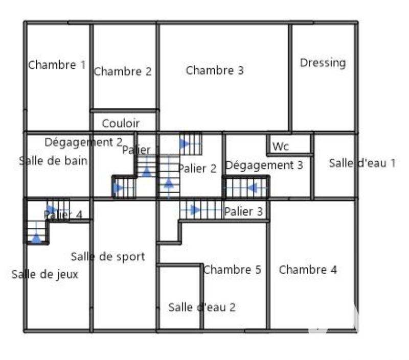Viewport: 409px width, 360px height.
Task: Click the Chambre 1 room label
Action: coord(57,65)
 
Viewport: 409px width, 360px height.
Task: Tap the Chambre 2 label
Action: coord(123,71)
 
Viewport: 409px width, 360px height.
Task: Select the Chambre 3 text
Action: coord(215,70)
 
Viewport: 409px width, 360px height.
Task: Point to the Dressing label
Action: coord(323,63)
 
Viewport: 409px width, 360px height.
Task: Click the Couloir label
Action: coord(121,123)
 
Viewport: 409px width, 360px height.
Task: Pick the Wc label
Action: coord(281,147)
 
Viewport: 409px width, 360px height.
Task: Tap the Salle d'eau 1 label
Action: coord(362,163)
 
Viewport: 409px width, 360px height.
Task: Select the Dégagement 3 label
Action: coord(264,165)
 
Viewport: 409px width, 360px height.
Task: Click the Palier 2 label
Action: coord(197,169)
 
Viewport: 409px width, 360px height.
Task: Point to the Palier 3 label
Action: coord(243,211)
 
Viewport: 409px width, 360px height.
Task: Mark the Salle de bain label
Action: coord(53,161)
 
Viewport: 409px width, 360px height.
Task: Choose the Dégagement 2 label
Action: coord(83,142)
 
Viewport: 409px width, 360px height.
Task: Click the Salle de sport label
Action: coord(108,256)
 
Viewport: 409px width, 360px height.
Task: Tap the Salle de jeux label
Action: coord(45,274)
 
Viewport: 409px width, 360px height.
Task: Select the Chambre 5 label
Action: coord(232,270)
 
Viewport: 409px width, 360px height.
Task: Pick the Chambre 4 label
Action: coord(308,270)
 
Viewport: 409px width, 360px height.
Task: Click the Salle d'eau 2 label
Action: coord(202,307)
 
